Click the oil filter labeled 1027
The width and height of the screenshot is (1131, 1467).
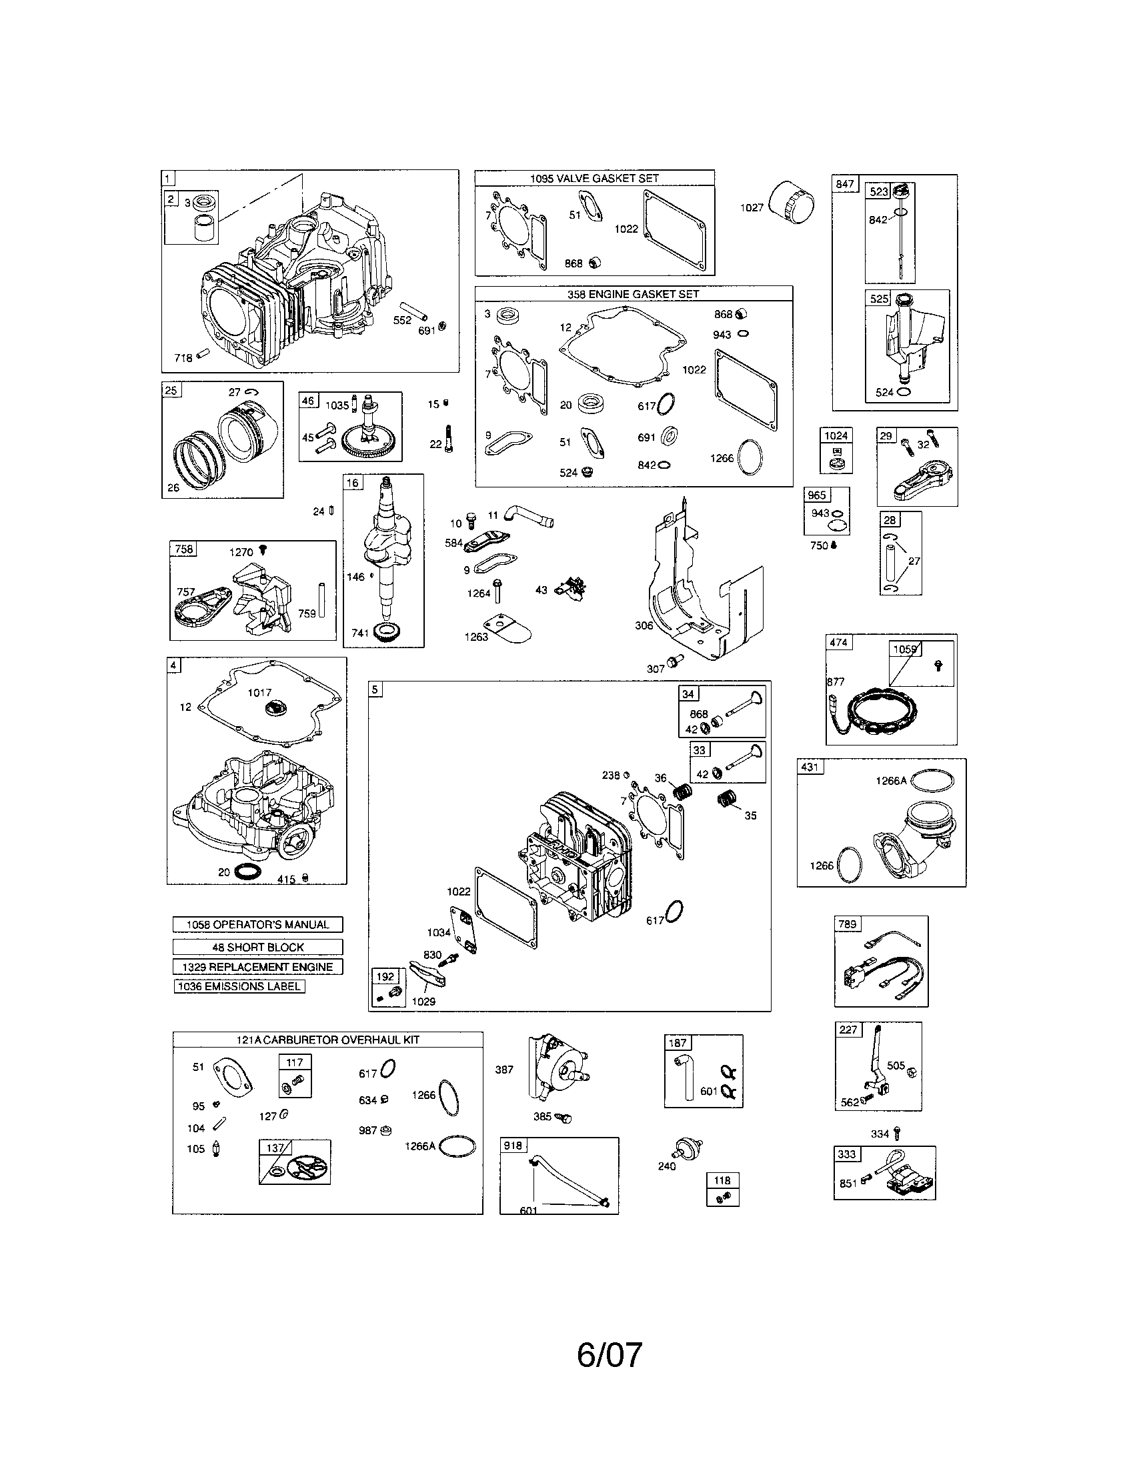794,202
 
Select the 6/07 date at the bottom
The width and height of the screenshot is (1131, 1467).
609,1355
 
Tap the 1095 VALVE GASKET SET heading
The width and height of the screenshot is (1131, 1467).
594,178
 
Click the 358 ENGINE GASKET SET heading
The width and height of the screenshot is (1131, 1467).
634,294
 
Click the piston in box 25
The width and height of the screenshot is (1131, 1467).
249,429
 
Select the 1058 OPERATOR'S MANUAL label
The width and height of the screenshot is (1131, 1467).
258,924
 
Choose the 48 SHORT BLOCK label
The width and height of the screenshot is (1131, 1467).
258,947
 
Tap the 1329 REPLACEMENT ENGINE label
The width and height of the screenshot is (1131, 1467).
258,967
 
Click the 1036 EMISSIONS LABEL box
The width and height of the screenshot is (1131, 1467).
239,986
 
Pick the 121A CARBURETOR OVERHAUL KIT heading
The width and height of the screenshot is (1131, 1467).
327,1039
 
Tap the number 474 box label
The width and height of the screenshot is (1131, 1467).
838,642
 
